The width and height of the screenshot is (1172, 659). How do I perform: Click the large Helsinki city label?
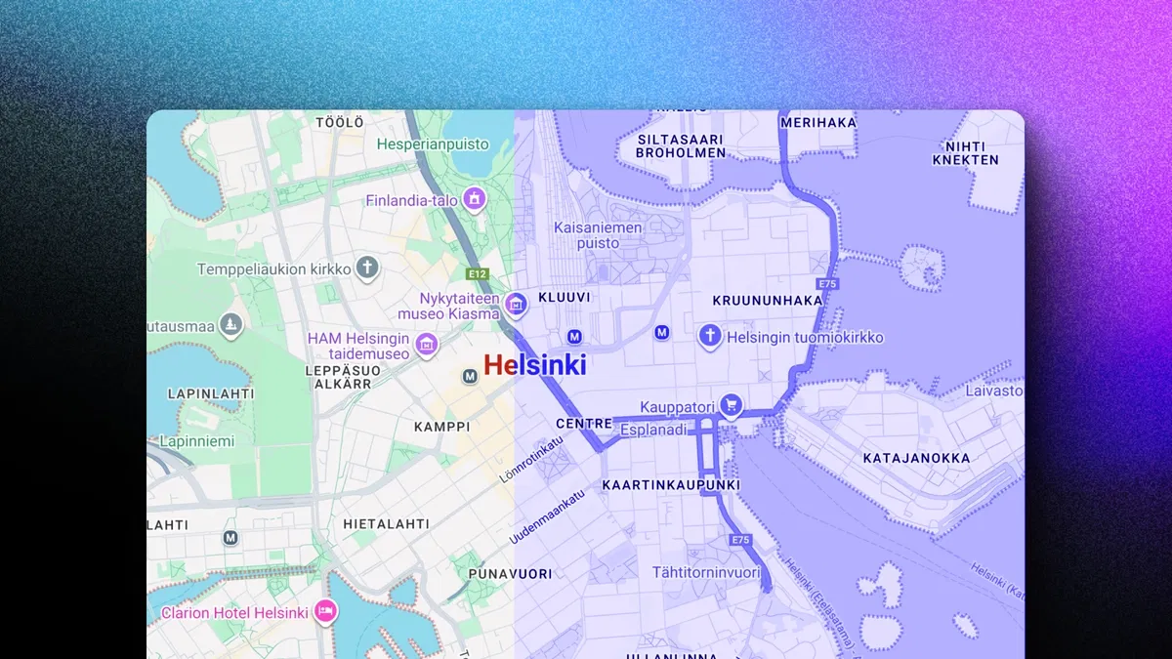tap(535, 365)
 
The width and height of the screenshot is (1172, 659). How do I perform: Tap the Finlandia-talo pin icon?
tap(475, 199)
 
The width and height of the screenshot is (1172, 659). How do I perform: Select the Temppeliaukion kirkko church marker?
tap(366, 267)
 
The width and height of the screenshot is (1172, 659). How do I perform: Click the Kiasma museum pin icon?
tap(516, 305)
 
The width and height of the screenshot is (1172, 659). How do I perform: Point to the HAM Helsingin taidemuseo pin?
tap(426, 344)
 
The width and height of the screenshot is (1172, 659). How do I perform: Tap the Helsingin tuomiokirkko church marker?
tap(710, 337)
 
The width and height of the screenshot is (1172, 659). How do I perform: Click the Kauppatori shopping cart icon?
tap(731, 405)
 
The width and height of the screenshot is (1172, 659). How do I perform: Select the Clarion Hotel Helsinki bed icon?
tap(325, 611)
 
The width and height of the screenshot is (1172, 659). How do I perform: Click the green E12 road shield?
tap(478, 274)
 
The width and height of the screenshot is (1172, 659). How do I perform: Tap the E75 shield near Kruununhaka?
tap(829, 284)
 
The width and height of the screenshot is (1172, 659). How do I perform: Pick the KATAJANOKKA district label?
tap(916, 458)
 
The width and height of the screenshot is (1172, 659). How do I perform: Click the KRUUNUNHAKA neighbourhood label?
tap(768, 301)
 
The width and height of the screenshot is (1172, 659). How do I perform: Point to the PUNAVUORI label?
tap(510, 574)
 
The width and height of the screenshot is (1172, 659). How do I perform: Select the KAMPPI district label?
tap(441, 427)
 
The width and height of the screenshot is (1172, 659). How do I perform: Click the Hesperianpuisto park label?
tap(433, 144)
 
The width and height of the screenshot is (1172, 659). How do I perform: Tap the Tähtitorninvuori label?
tap(706, 572)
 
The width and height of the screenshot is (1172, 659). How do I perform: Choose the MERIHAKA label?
tap(818, 122)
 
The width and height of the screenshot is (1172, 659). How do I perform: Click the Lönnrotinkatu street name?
tap(532, 459)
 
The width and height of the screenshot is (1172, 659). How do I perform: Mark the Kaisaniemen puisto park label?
tap(599, 234)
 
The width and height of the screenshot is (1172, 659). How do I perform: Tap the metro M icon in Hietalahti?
tap(230, 537)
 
